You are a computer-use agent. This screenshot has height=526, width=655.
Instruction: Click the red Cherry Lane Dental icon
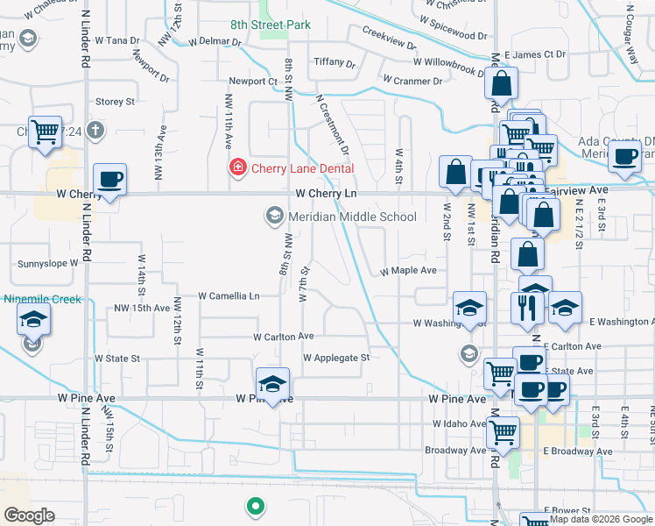(237, 167)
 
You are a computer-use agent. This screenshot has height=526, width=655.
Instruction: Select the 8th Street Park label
(271, 25)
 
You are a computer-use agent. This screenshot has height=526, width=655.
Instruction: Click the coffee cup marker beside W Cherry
(110, 181)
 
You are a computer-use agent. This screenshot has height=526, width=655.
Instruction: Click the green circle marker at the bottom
(255, 505)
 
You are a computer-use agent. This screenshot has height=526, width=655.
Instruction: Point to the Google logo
(29, 515)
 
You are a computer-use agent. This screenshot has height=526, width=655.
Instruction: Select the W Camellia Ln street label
(229, 296)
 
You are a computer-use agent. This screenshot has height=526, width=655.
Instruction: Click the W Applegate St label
(336, 358)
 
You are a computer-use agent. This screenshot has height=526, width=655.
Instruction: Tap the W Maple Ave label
(407, 271)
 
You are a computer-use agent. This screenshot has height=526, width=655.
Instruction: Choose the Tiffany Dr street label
(335, 63)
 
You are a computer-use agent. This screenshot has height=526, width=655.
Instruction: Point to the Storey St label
(115, 102)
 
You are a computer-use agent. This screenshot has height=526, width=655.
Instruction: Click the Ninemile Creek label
(42, 299)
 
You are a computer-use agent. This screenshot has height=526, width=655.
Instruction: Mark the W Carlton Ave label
(283, 337)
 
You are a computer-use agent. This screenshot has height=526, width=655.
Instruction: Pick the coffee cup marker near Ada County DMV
(624, 157)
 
